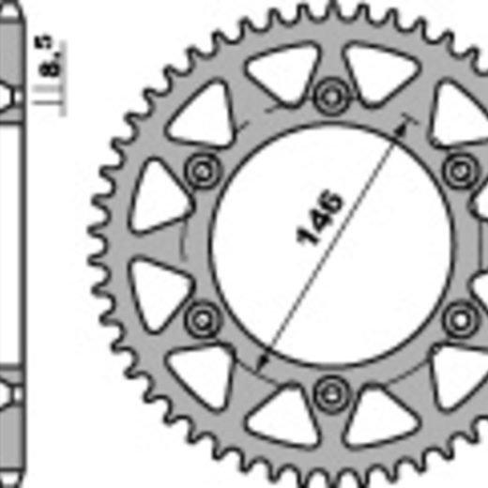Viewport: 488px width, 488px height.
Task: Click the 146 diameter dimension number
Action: tap(319, 218)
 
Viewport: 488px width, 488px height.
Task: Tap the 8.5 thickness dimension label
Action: tap(50, 55)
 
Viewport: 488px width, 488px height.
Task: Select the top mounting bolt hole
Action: tap(331, 97)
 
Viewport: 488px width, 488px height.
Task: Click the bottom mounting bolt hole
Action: tap(331, 393)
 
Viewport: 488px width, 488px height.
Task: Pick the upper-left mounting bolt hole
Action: tap(203, 171)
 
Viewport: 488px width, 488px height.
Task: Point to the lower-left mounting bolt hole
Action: tap(203, 319)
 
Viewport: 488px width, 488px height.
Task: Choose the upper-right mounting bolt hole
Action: tap(460, 171)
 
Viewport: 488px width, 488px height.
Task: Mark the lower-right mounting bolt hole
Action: tap(460, 319)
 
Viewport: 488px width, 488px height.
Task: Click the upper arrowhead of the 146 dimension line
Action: tap(402, 130)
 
